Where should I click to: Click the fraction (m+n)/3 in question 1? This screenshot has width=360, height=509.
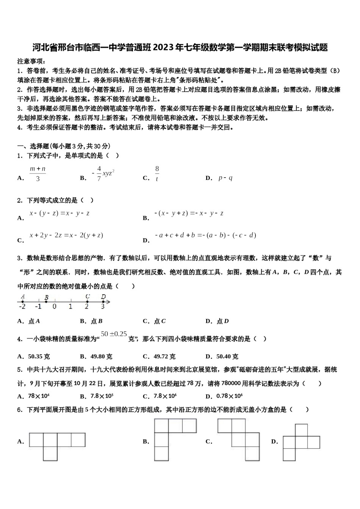(x=38, y=173)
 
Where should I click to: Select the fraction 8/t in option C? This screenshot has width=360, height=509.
(x=157, y=174)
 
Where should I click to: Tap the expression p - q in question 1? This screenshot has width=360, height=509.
(x=225, y=178)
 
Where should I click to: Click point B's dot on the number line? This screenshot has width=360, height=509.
(x=46, y=301)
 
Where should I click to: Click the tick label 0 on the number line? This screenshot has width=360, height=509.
(x=55, y=307)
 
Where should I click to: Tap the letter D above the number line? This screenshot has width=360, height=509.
(x=103, y=297)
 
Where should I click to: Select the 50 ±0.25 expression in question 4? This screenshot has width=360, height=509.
(x=114, y=334)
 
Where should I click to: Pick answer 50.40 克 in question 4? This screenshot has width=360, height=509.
(x=227, y=356)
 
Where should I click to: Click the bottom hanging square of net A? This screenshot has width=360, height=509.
(x=50, y=454)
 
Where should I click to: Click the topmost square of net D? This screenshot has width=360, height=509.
(x=301, y=430)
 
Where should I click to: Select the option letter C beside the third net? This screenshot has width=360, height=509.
(x=208, y=441)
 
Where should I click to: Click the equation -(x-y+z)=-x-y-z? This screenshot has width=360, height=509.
(x=189, y=213)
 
